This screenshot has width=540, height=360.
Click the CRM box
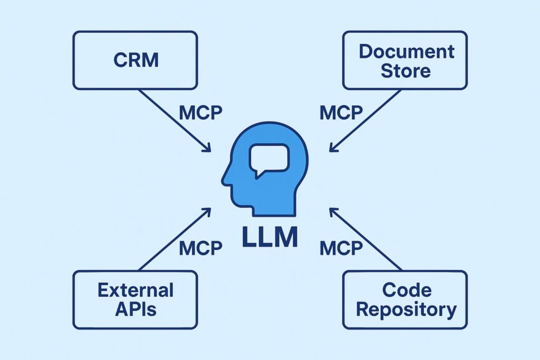pyautogui.click(x=135, y=60)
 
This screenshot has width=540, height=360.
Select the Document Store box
pyautogui.click(x=404, y=60)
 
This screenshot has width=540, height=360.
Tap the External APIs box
pyautogui.click(x=135, y=299)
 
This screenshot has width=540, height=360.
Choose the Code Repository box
pyautogui.click(x=404, y=299)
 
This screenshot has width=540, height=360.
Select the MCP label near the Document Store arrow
pyautogui.click(x=341, y=113)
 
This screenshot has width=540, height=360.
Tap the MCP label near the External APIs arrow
pyautogui.click(x=200, y=248)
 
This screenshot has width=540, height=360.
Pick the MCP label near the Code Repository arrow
pyautogui.click(x=341, y=248)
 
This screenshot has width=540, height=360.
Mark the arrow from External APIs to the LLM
pyautogui.click(x=174, y=240)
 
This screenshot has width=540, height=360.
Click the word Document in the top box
pyautogui.click(x=406, y=51)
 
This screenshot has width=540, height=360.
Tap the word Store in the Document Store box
pyautogui.click(x=406, y=70)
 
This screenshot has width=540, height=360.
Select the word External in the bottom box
pyautogui.click(x=136, y=290)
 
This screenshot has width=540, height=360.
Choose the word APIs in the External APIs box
pyautogui.click(x=136, y=308)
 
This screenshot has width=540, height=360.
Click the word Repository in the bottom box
pyautogui.click(x=406, y=309)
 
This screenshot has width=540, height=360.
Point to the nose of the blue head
pyautogui.click(x=224, y=181)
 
